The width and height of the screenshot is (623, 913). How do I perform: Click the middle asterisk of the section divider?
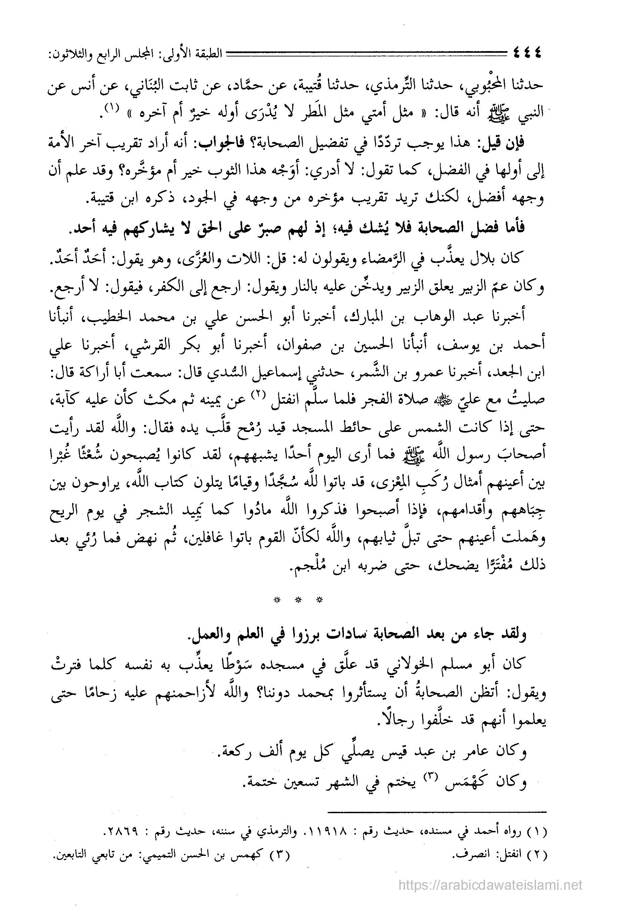pyautogui.click(x=298, y=600)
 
